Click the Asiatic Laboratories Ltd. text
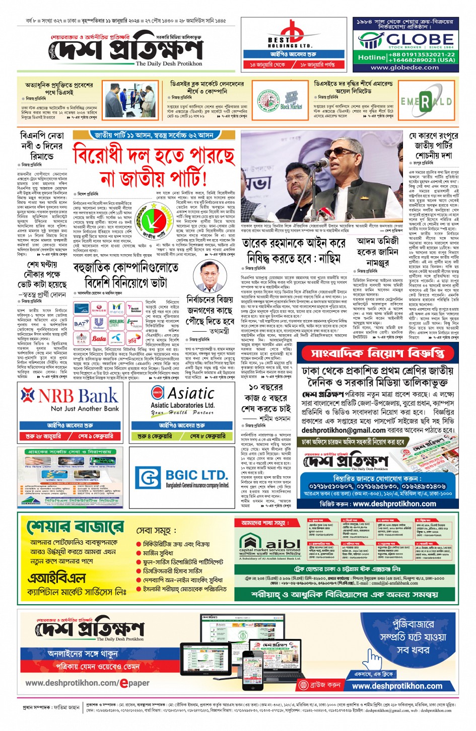(x=182, y=405)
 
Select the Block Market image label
(x=291, y=107)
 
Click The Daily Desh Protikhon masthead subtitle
(x=169, y=64)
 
